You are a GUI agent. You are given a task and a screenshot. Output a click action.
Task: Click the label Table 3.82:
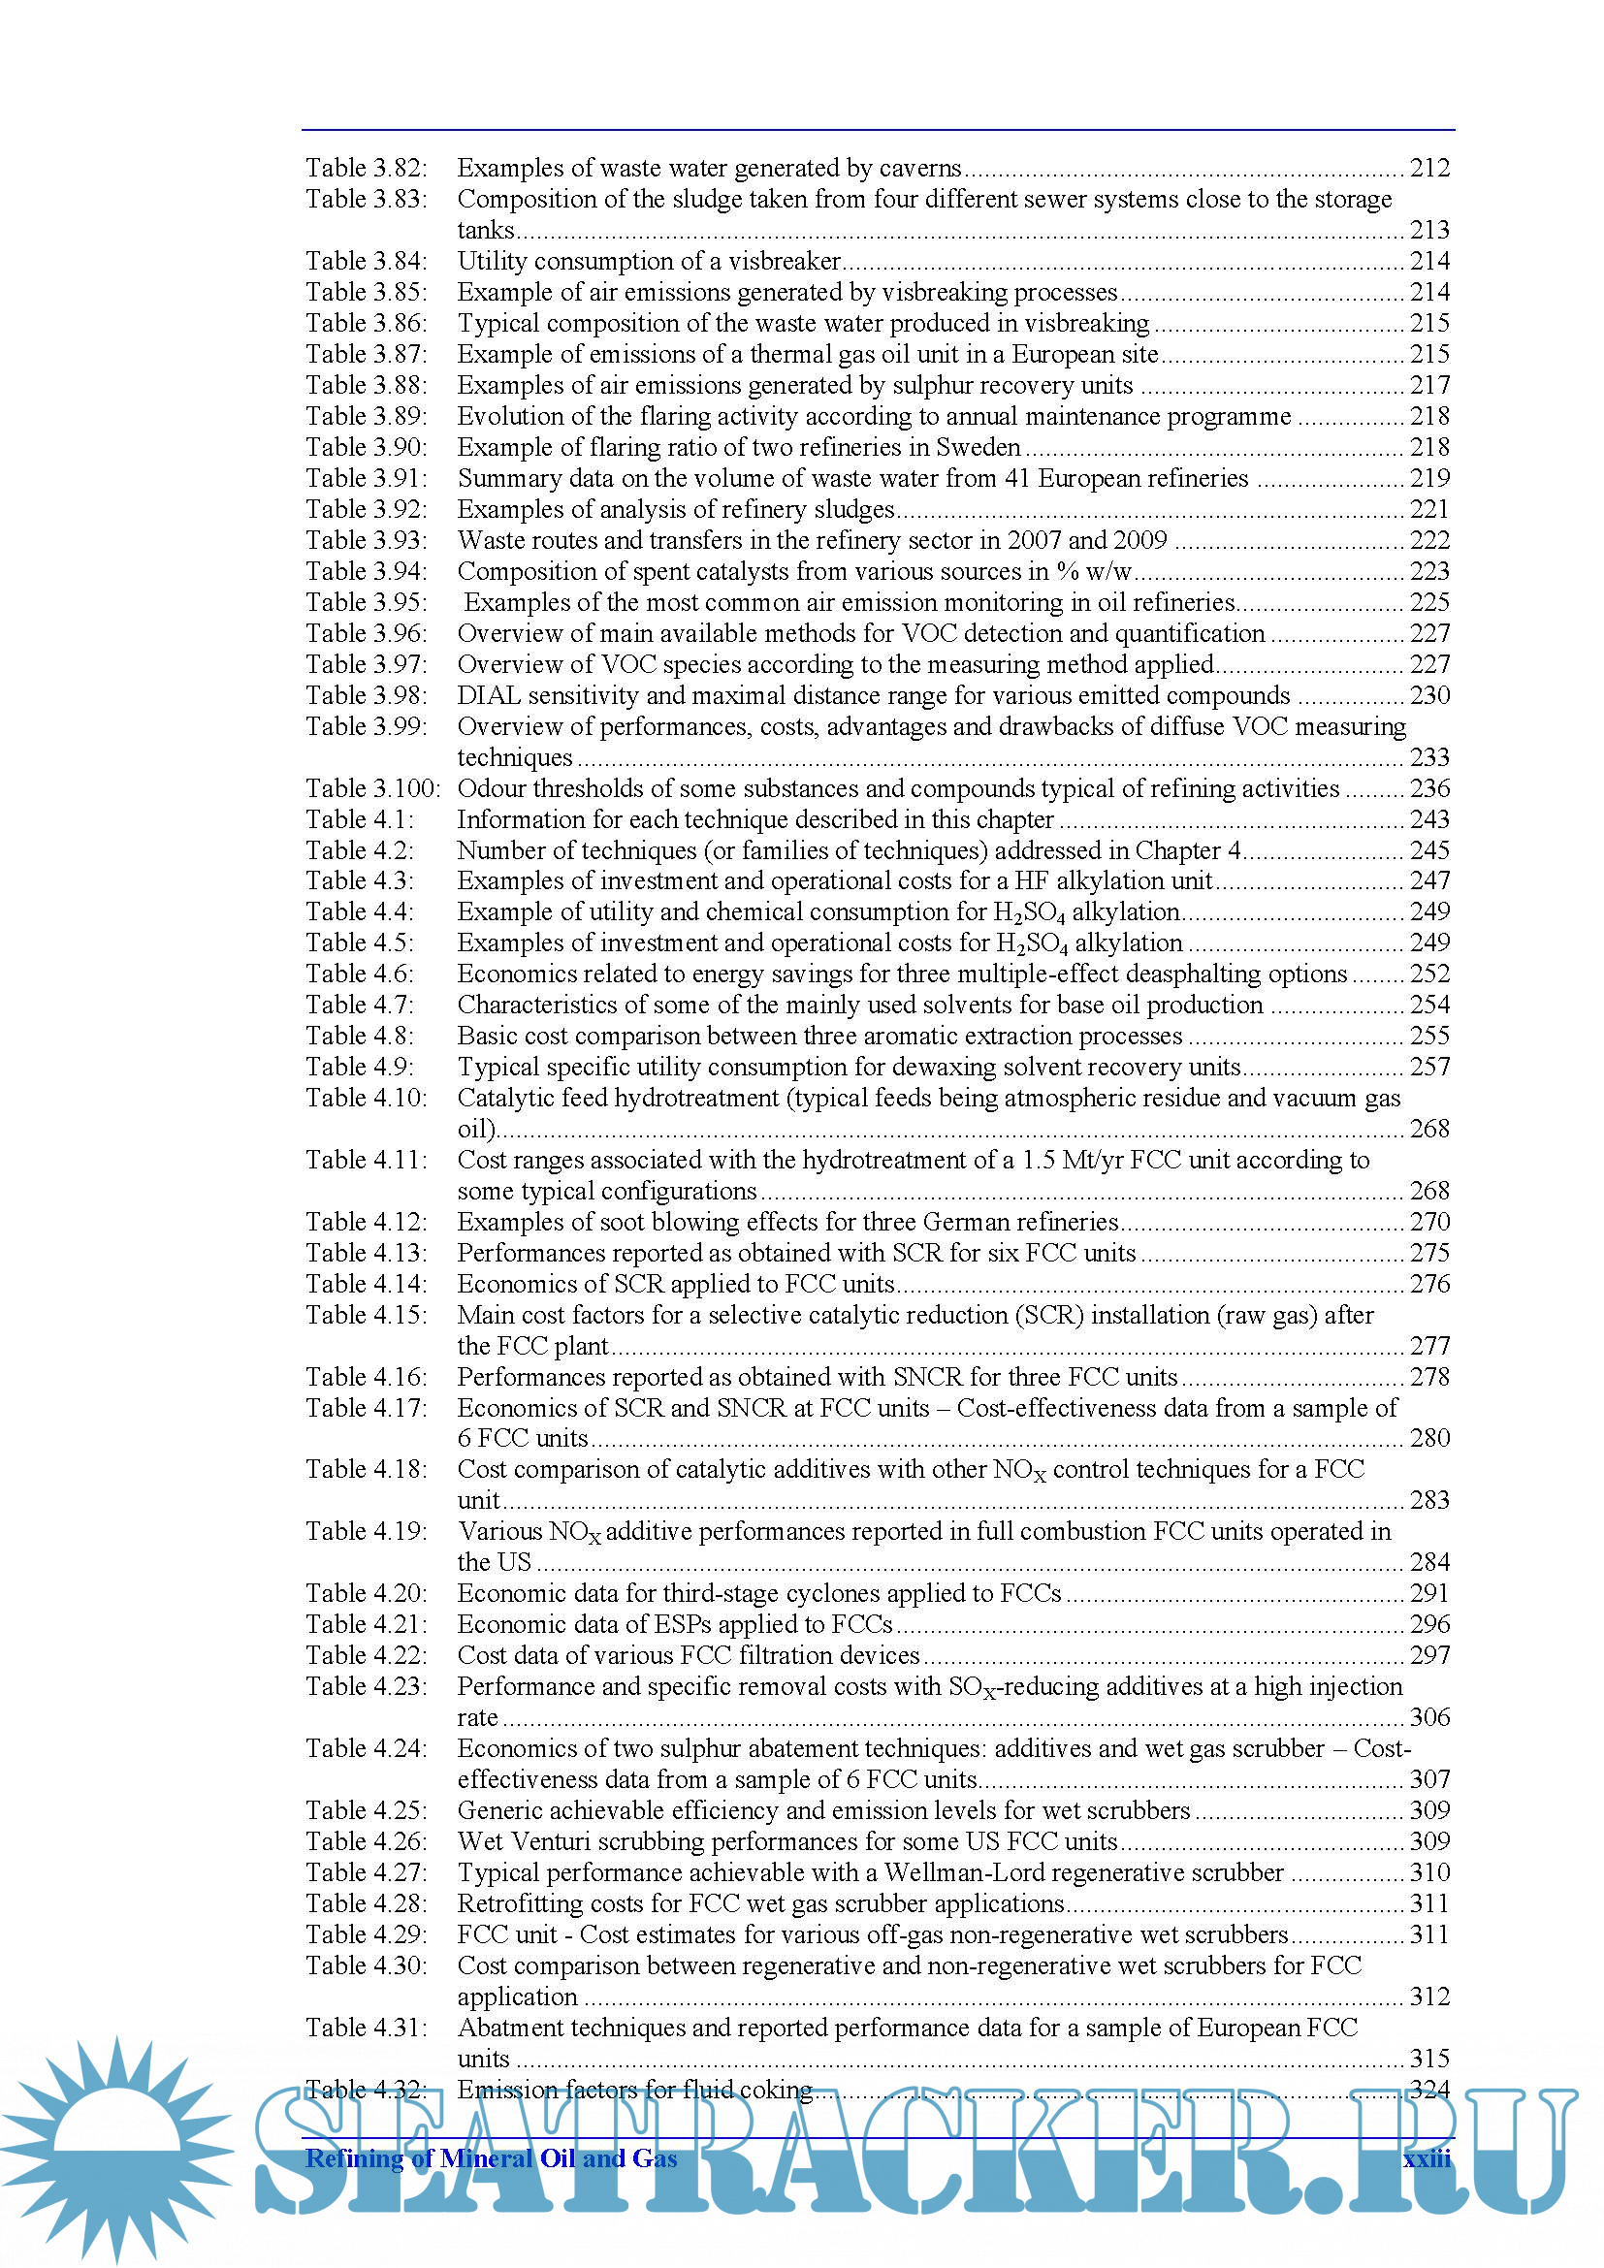pos(366,168)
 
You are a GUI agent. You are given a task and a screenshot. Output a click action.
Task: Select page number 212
pos(1429,168)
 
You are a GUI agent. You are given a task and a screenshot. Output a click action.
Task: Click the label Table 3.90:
pos(366,447)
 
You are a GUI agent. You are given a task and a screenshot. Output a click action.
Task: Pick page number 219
pos(1429,478)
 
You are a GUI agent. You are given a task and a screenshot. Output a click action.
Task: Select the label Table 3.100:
pos(372,788)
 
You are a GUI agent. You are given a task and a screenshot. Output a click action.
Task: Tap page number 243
pos(1429,820)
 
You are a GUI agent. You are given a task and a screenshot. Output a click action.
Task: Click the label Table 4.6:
pos(360,974)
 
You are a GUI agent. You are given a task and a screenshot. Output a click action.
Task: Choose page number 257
pos(1429,1067)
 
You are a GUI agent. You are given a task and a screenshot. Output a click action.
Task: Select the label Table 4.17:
pos(366,1408)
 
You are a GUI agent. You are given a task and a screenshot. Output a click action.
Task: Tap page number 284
pos(1429,1563)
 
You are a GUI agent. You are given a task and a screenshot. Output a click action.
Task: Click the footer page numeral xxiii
pos(1428,2158)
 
